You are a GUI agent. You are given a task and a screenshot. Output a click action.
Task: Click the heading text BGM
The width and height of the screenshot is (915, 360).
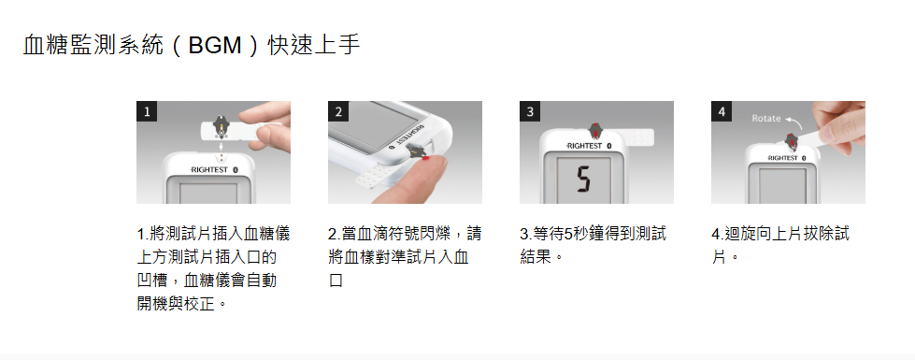click(x=215, y=46)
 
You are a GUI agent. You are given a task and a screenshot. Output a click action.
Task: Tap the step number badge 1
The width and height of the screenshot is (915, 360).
click(x=147, y=111)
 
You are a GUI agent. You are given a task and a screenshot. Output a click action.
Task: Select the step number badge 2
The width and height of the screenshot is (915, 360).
click(x=338, y=111)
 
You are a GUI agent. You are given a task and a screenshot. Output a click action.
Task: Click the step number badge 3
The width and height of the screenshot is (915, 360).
click(x=529, y=111)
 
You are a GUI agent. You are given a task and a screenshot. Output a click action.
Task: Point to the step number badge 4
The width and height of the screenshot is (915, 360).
click(x=722, y=111)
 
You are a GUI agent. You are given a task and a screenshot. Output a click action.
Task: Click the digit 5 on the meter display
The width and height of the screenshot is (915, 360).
click(x=583, y=180)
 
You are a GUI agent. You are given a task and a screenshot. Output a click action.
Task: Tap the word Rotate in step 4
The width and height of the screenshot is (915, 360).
click(x=765, y=119)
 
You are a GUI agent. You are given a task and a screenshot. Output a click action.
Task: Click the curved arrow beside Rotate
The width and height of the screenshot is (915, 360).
click(x=793, y=121)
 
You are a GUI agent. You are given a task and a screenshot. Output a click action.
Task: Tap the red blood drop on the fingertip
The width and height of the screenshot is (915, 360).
click(x=426, y=157)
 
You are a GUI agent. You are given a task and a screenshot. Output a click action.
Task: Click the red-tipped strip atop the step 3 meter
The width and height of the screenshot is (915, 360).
click(x=594, y=131)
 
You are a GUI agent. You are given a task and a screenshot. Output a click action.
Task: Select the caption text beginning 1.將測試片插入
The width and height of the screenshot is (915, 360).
click(x=214, y=269)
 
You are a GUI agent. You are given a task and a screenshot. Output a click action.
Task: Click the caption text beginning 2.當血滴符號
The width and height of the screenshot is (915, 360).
click(x=405, y=257)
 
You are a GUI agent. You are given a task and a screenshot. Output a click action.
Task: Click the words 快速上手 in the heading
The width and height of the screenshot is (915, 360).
click(x=314, y=46)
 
